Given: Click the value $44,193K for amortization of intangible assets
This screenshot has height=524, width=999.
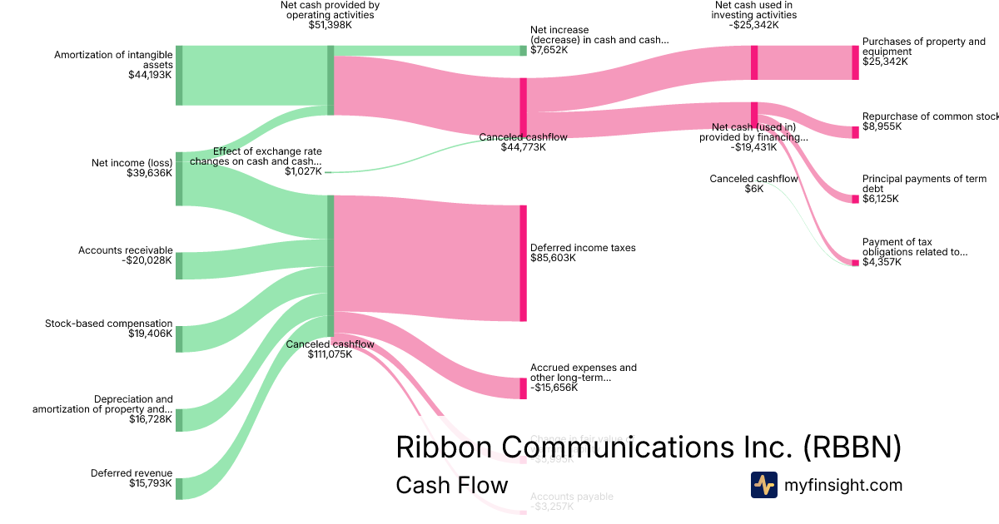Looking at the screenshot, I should point(150,75).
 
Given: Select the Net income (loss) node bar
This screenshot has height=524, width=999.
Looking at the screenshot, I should point(179,179).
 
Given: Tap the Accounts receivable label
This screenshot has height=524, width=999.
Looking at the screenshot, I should point(126,250).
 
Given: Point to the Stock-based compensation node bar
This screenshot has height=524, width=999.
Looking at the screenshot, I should point(179,339).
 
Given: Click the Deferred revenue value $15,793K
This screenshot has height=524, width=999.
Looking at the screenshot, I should point(151,483).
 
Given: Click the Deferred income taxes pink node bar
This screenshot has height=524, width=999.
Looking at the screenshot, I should point(524,263).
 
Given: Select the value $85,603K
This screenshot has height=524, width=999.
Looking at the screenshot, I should point(553,258).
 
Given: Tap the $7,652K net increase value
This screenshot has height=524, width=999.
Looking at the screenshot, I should point(549,50).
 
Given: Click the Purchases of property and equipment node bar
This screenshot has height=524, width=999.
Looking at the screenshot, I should point(855,62).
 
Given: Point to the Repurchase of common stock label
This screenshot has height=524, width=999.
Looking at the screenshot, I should point(930,116).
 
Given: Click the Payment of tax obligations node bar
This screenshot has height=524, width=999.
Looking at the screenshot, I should point(855,263).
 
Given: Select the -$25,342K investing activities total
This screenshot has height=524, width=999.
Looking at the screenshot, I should point(754,26).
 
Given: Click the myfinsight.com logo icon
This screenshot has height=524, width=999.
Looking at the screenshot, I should point(763,485).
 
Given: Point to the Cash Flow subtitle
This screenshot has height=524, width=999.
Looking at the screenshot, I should point(451,485).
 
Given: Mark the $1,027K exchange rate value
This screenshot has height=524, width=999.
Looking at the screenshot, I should point(303,171).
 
